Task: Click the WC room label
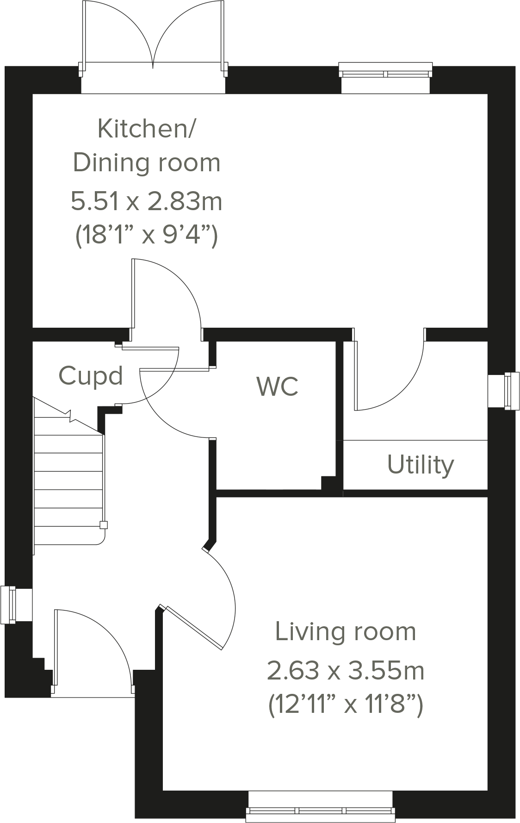tap(277, 386)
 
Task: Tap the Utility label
tap(420, 465)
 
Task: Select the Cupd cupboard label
tap(91, 376)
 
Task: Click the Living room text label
tap(345, 632)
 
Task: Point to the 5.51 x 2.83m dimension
tap(146, 201)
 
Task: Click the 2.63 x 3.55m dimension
tap(345, 670)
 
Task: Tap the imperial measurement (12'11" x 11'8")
tap(345, 705)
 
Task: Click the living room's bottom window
tap(321, 807)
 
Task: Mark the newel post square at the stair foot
tap(104, 525)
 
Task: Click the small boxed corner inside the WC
tap(328, 483)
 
